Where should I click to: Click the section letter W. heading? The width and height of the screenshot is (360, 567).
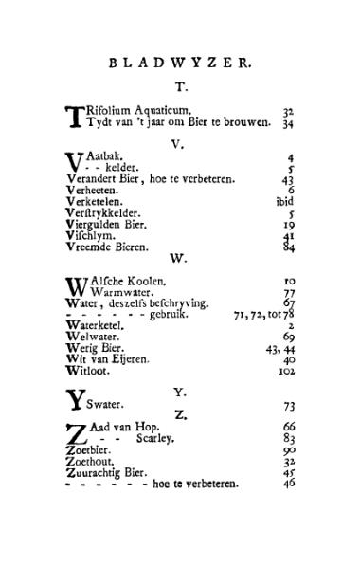coord(177,258)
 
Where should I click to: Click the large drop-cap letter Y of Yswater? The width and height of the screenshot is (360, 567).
coord(74,401)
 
